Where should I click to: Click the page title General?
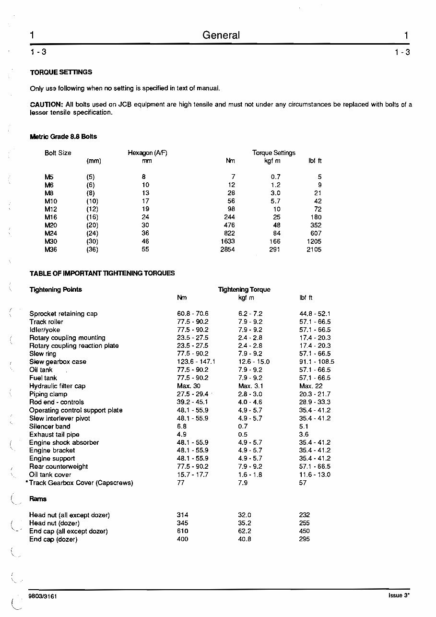pyautogui.click(x=221, y=36)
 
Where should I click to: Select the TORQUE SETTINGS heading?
pyautogui.click(x=61, y=72)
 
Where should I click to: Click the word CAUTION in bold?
pyautogui.click(x=46, y=105)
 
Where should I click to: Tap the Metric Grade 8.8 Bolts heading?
pyautogui.click(x=63, y=137)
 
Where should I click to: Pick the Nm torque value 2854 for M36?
pyautogui.click(x=227, y=249)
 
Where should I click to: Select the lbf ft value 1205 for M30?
pyautogui.click(x=314, y=241)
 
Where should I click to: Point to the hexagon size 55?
pyautogui.click(x=145, y=249)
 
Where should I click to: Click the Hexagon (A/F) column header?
pyautogui.click(x=147, y=153)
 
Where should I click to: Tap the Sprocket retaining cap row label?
pyautogui.click(x=63, y=314)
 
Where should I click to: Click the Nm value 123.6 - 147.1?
pyautogui.click(x=196, y=362)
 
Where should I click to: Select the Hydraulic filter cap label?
pyautogui.click(x=57, y=386)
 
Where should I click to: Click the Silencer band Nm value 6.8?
pyautogui.click(x=182, y=427)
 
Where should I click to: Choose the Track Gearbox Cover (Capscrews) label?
pyautogui.click(x=81, y=483)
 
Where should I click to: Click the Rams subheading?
pyautogui.click(x=38, y=499)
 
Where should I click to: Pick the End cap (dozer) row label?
pyautogui.click(x=53, y=539)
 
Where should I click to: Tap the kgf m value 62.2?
pyautogui.click(x=245, y=531)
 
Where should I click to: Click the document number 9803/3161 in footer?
pyautogui.click(x=43, y=596)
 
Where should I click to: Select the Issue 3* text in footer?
pyautogui.click(x=399, y=596)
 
